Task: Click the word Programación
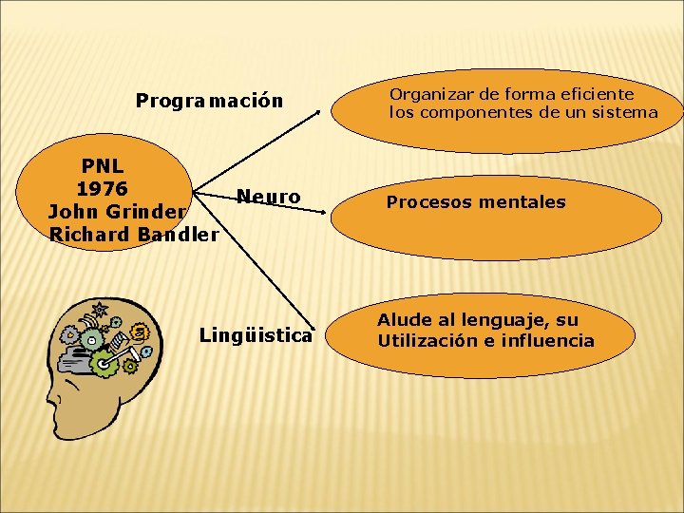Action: click(209, 100)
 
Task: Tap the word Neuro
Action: click(269, 197)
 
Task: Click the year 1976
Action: click(102, 187)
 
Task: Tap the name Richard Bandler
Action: click(133, 233)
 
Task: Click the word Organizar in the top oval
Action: click(428, 94)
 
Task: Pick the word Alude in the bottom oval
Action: click(405, 320)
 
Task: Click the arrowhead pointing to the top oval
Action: click(318, 112)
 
